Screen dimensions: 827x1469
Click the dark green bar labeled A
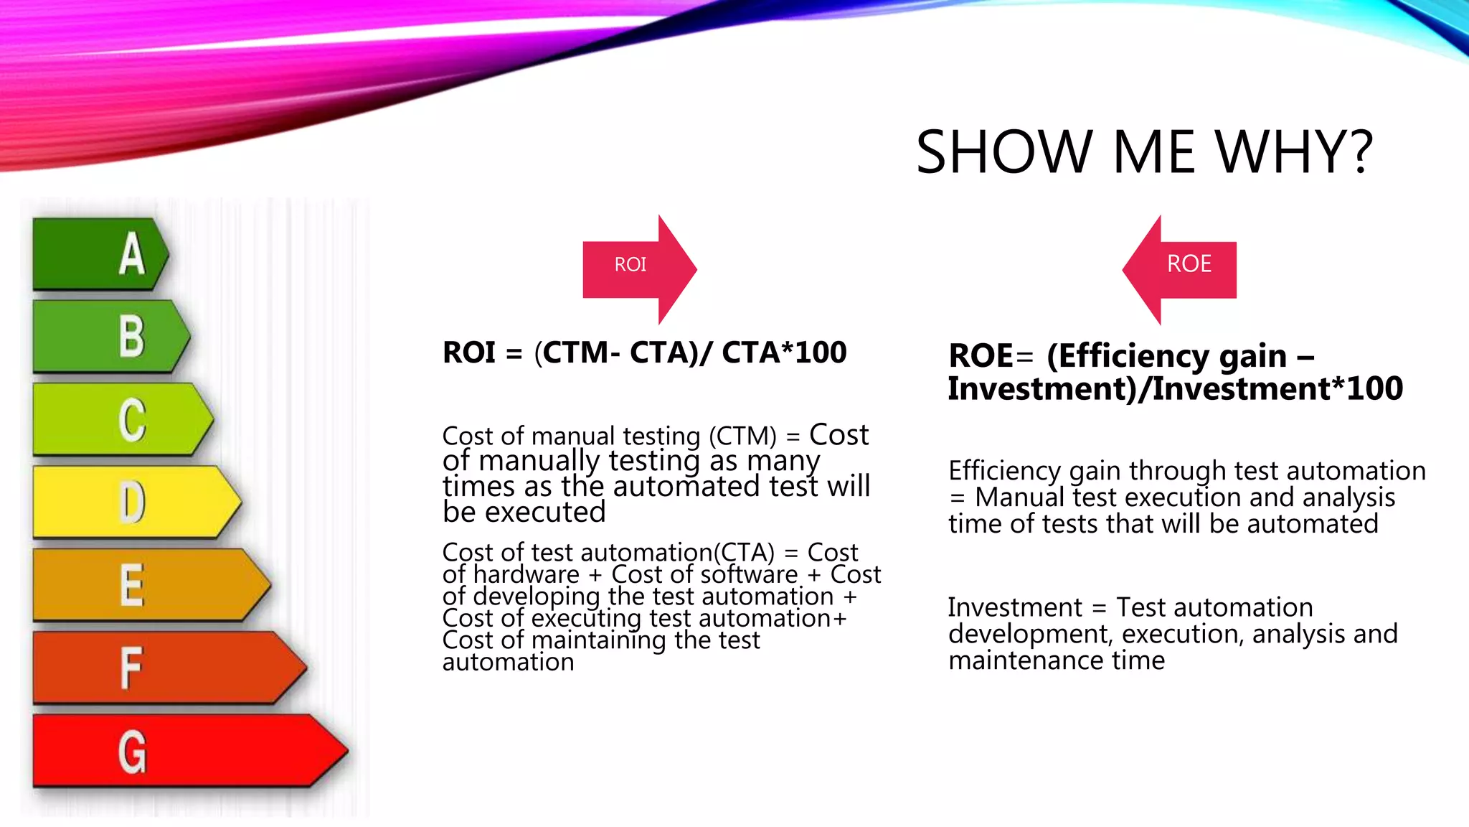100,254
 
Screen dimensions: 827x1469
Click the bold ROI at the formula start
469,352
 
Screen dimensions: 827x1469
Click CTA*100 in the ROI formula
783,352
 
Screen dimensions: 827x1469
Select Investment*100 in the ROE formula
1277,388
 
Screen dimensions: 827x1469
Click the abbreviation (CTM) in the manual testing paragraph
742,436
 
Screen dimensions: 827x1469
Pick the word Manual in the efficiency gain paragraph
1019,497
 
